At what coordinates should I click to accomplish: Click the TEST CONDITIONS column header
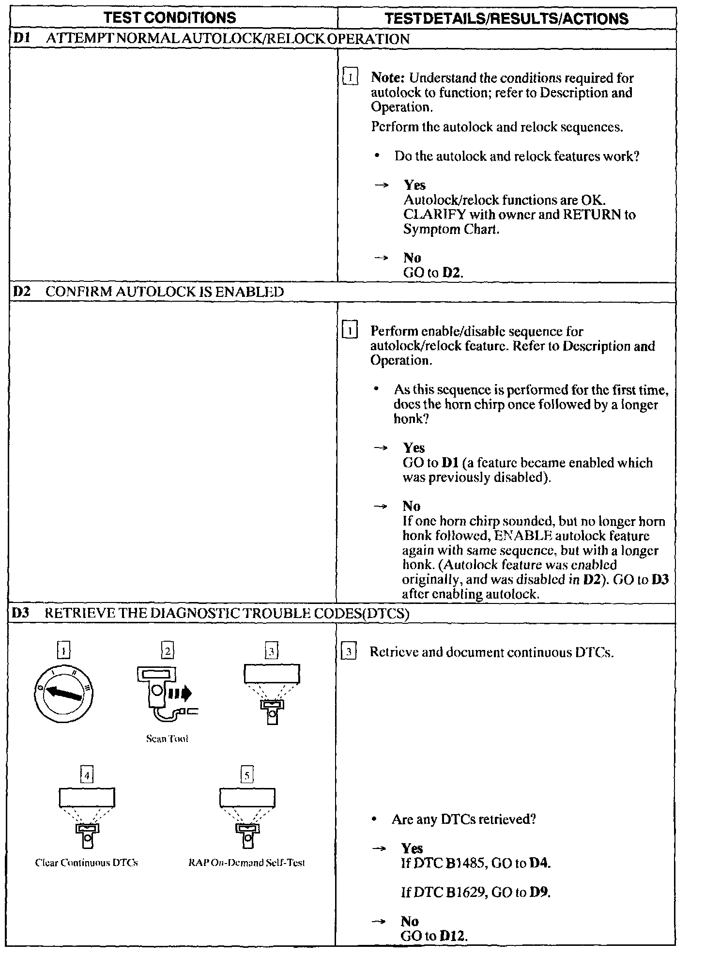(170, 18)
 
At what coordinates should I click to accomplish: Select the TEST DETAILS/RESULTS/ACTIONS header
(506, 18)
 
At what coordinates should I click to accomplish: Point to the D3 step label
(21, 613)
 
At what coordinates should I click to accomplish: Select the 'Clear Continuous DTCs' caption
(87, 863)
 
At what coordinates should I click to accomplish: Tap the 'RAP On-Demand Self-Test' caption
(246, 863)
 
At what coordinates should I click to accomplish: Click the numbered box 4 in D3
(87, 775)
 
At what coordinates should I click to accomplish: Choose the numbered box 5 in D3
(247, 775)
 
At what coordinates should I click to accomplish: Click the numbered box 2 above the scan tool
(168, 651)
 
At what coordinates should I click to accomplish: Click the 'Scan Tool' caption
(167, 739)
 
